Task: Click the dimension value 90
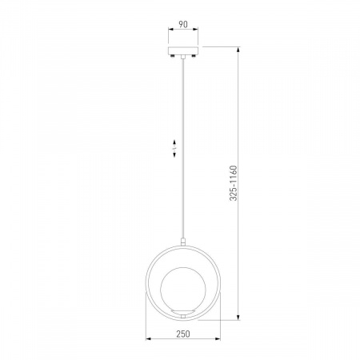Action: coord(183,24)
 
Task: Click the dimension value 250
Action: coord(183,334)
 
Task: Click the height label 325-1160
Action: coord(233,183)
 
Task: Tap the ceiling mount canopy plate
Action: coord(183,50)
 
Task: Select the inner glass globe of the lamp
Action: coord(183,288)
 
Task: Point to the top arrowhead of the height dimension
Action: coord(238,50)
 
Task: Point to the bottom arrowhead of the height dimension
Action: coord(238,317)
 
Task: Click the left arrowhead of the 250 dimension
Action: coord(149,339)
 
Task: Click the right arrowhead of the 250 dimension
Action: coord(218,339)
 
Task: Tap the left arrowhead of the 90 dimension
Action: coord(171,29)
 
